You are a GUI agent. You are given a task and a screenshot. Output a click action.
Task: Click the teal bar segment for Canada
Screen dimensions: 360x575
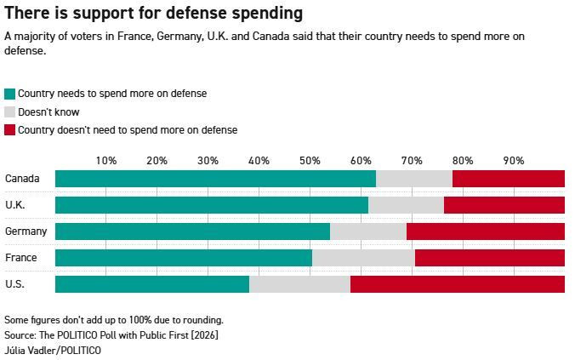215,179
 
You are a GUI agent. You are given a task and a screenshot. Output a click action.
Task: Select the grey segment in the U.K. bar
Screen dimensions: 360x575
406,205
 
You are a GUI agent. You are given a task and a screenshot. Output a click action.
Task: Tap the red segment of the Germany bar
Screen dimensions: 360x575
486,231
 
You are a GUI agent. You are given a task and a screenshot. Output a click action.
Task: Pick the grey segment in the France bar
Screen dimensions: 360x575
363,258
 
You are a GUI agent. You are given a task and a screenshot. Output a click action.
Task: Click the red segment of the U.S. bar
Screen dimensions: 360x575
458,284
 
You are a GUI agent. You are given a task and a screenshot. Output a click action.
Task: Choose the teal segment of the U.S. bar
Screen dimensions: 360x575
152,284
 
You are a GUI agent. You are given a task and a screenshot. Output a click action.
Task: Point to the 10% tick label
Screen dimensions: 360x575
106,160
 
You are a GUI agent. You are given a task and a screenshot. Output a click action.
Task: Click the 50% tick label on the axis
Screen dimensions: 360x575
310,160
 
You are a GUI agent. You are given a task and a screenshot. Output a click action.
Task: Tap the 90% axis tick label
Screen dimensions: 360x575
514,160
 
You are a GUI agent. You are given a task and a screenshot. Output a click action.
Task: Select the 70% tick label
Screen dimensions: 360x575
412,160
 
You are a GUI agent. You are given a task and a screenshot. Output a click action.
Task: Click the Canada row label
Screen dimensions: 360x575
20,179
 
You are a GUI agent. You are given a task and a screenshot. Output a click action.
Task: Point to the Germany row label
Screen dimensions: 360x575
26,231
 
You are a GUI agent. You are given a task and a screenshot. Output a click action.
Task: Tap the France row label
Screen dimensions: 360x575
20,258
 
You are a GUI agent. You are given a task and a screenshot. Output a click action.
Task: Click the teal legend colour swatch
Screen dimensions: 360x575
10,94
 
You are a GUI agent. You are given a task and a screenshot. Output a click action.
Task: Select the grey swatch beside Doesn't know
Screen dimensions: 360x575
10,112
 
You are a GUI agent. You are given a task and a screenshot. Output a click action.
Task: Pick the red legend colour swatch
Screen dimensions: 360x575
10,131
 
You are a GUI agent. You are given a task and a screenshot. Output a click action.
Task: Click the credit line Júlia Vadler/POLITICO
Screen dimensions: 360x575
53,350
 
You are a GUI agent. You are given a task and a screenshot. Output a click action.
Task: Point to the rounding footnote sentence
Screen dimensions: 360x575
114,320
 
